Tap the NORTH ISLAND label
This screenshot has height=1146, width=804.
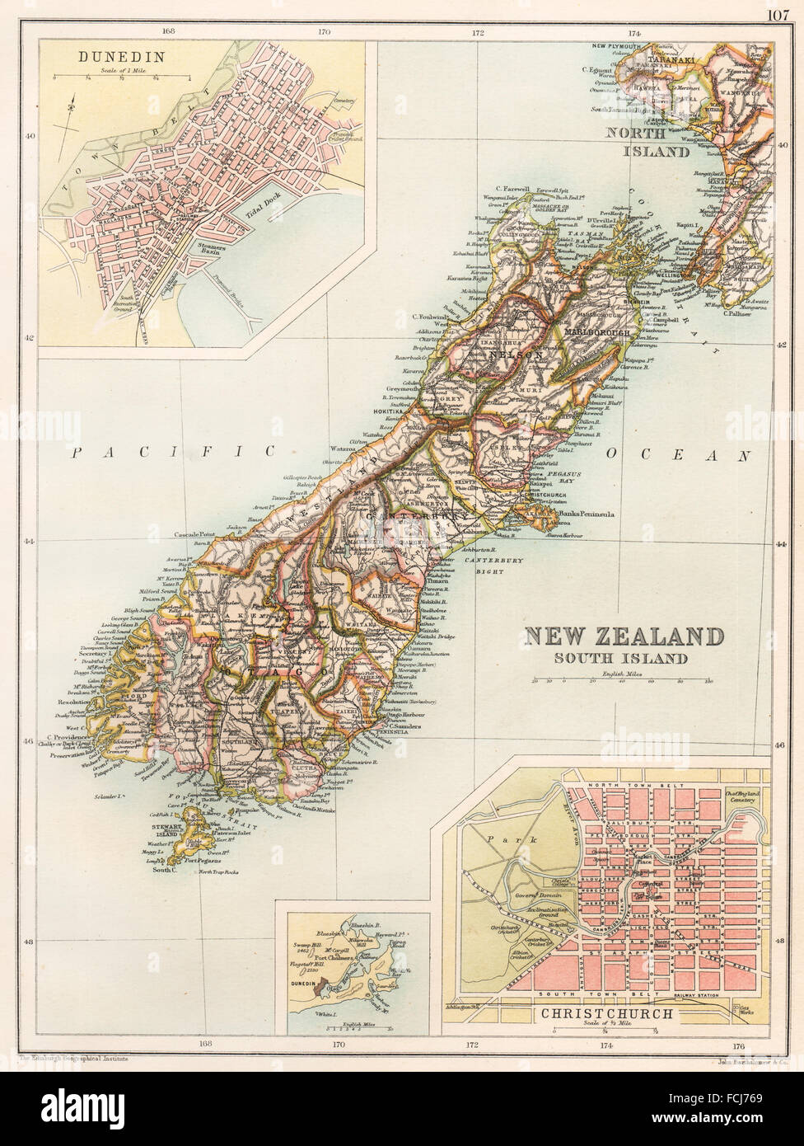648,142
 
